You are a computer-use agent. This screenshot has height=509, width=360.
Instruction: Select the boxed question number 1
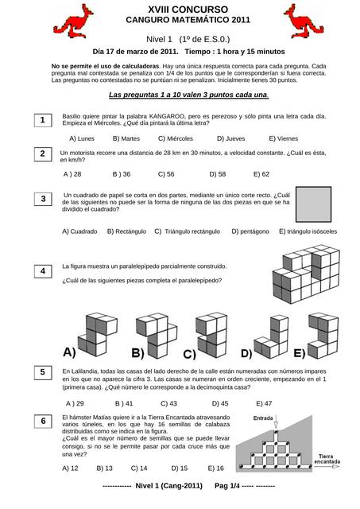pos(42,120)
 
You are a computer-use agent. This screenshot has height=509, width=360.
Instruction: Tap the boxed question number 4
pos(42,272)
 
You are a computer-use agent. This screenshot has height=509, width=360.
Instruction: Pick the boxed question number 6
pos(42,421)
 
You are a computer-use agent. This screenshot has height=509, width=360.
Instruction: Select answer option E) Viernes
pos(283,138)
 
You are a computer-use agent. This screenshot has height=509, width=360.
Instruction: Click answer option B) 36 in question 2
pos(122,173)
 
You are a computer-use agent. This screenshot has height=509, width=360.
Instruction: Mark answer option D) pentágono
pos(250,231)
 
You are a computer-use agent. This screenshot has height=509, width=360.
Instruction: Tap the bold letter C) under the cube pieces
pos(189,354)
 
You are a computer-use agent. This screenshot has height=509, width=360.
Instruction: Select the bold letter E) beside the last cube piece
pos(299,352)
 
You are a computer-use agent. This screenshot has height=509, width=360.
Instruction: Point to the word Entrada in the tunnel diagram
pos(264,418)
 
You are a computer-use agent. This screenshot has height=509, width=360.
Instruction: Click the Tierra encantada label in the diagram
pos(327,459)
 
